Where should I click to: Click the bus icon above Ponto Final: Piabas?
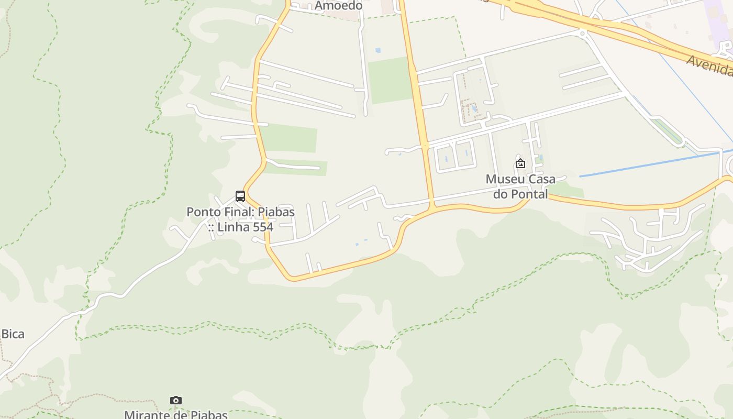(x=240, y=196)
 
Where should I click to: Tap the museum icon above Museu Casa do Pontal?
(x=520, y=163)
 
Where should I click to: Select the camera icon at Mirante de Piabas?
(x=176, y=401)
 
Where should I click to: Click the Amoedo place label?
(x=339, y=6)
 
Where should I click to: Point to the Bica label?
(x=13, y=334)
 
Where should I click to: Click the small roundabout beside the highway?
(x=582, y=33)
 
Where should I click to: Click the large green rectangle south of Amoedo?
(x=390, y=80)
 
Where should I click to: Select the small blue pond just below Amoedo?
(x=377, y=50)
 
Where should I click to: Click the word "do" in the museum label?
(x=501, y=194)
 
